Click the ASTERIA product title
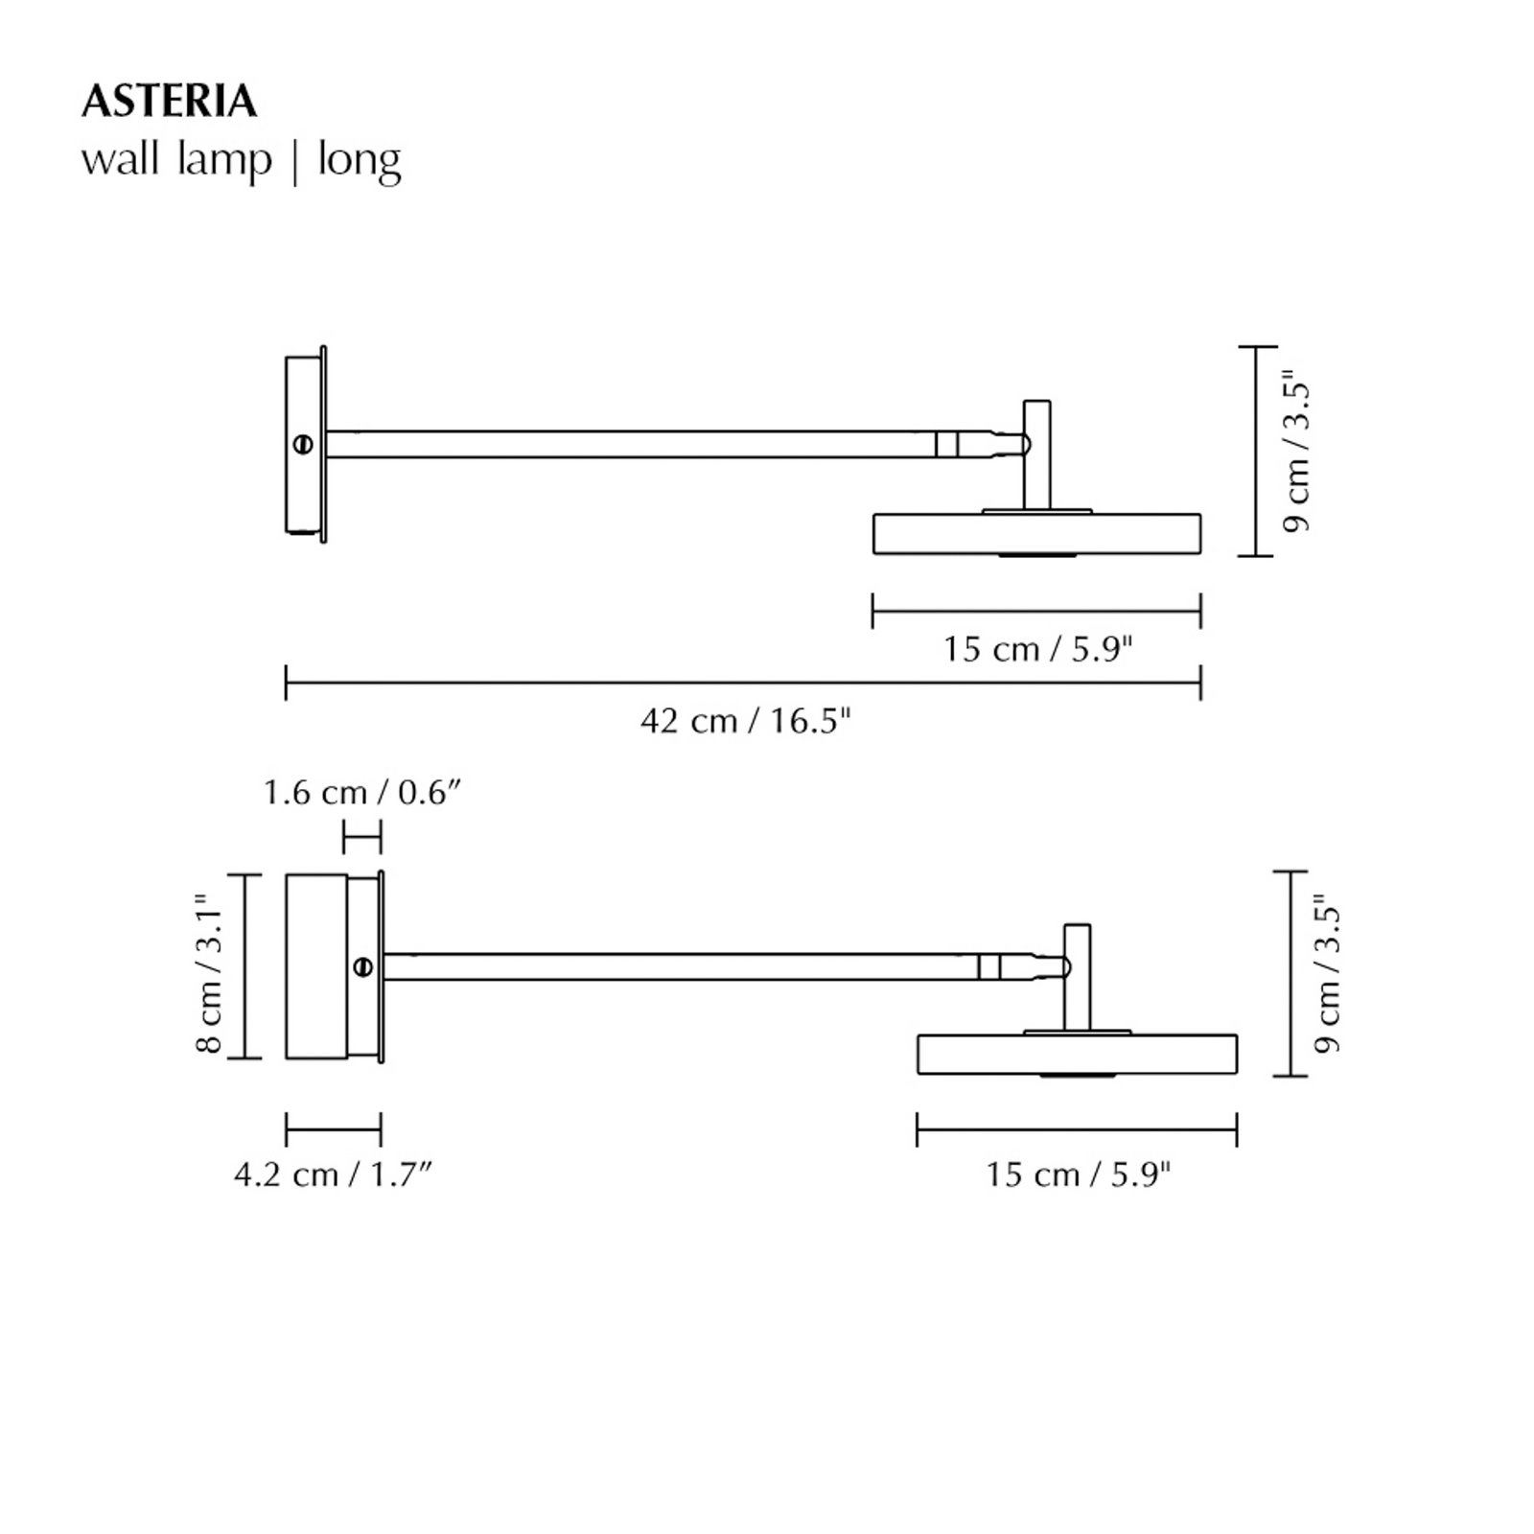point(169,102)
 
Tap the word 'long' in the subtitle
point(359,160)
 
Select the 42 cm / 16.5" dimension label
point(745,720)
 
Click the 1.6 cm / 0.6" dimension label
point(363,793)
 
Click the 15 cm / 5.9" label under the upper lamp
point(1037,649)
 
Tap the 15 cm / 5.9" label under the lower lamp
point(1079,1174)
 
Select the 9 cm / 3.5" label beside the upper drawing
point(1295,453)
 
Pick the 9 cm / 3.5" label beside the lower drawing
point(1327,974)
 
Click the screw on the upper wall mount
point(305,444)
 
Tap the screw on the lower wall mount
point(363,966)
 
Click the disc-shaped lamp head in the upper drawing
point(1036,534)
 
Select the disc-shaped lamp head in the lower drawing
point(1077,1054)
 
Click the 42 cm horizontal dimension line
point(743,684)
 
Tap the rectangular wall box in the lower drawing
point(316,966)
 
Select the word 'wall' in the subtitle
point(120,160)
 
